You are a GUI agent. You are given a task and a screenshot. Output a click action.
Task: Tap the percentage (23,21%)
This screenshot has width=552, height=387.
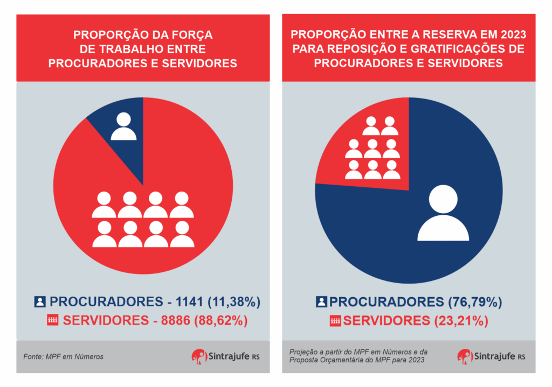coord(461,321)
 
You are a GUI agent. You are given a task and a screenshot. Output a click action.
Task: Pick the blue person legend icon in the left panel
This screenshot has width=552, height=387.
coord(40,301)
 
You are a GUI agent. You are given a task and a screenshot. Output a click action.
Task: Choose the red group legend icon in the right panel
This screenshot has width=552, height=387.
coord(335,321)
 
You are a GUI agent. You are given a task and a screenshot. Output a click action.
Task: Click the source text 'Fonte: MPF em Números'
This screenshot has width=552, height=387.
coord(64,356)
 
